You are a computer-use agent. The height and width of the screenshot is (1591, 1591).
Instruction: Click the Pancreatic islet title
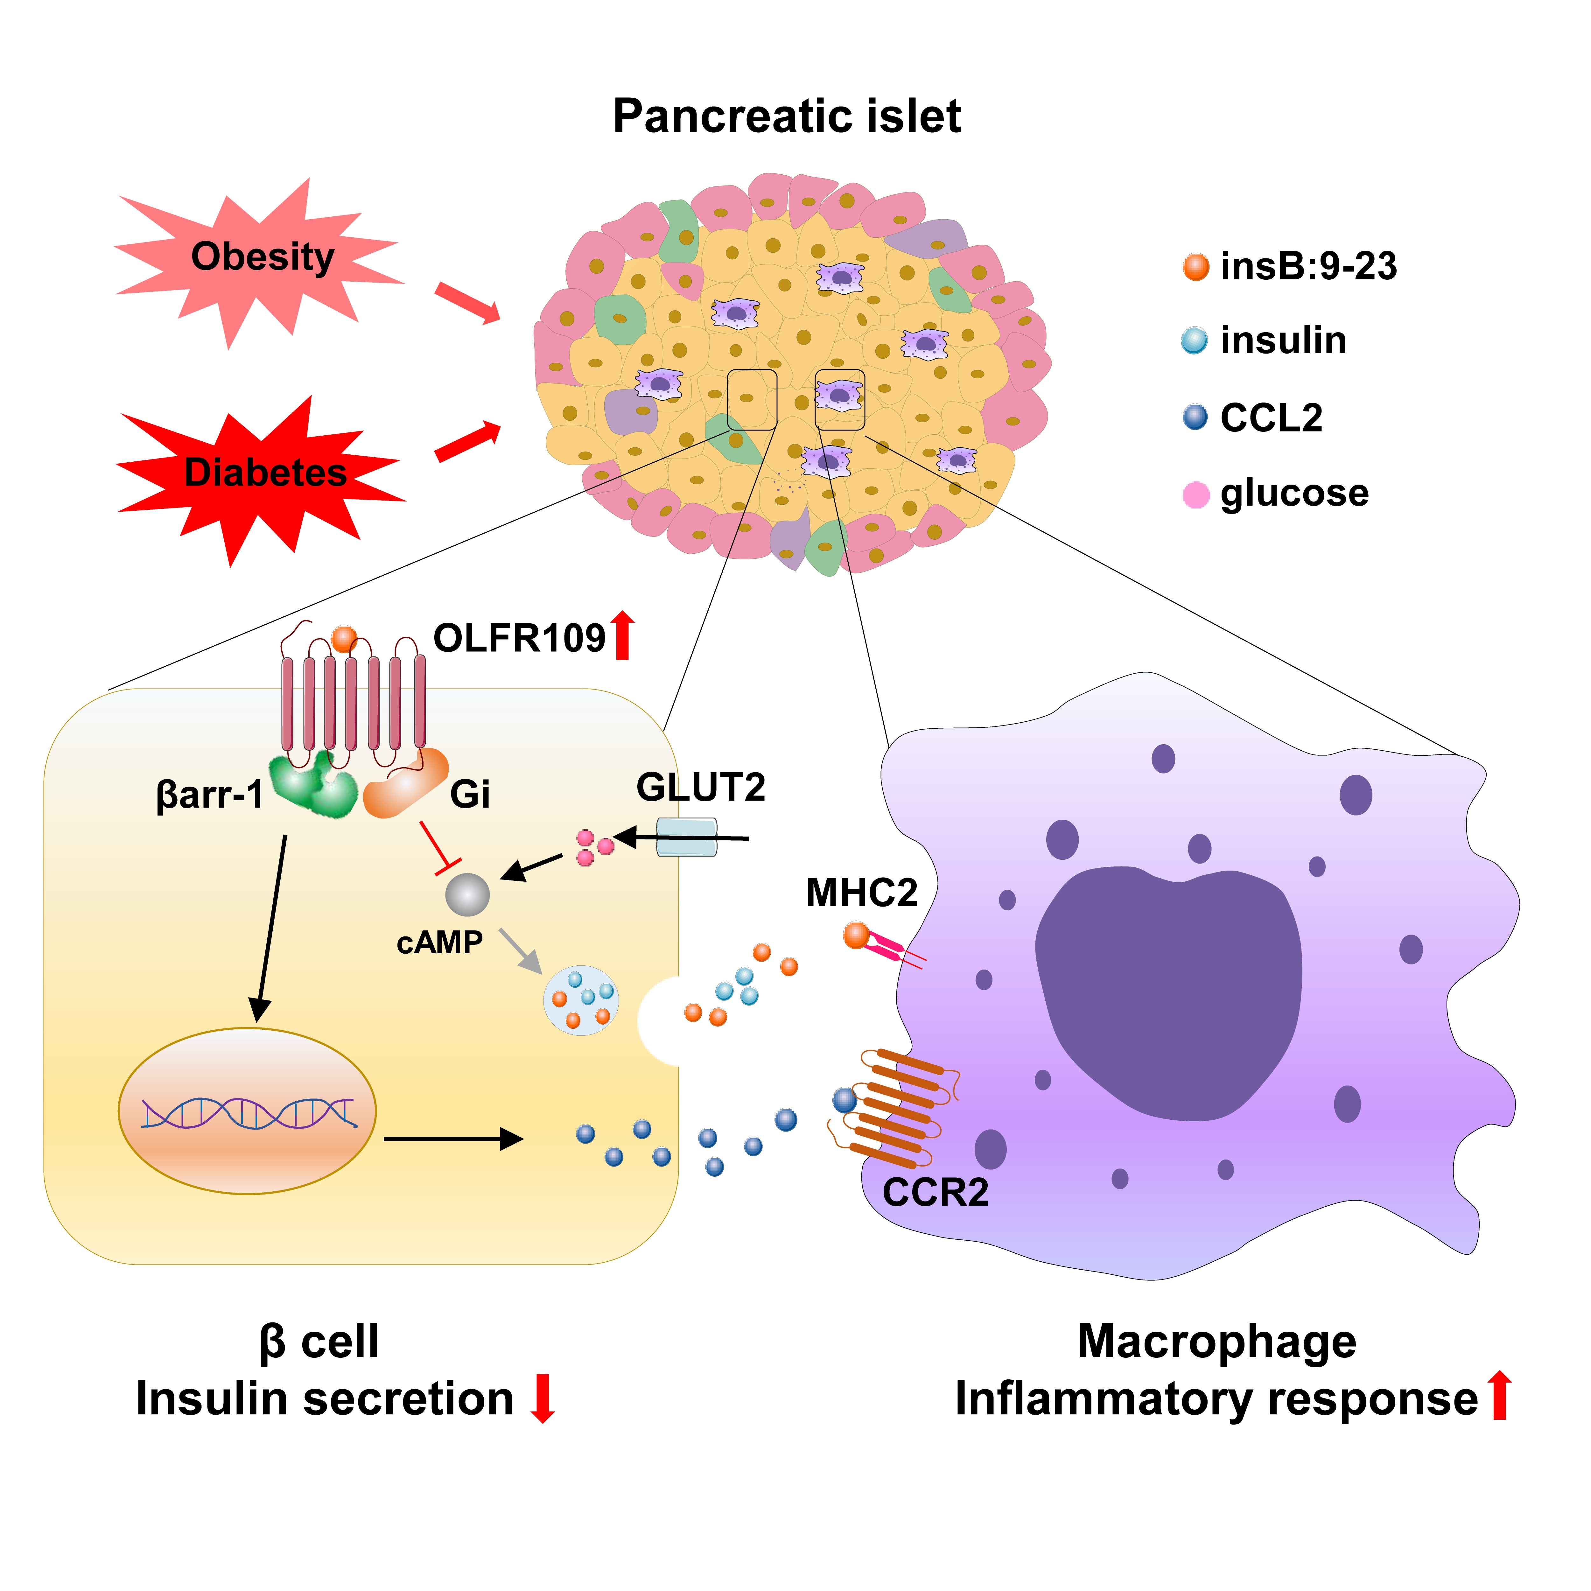pyautogui.click(x=787, y=116)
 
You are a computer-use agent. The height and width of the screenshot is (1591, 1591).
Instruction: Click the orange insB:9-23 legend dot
pyautogui.click(x=1195, y=267)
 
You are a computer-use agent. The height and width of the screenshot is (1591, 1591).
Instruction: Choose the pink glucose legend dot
pyautogui.click(x=1195, y=494)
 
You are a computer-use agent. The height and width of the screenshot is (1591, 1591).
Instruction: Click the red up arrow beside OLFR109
pyautogui.click(x=623, y=636)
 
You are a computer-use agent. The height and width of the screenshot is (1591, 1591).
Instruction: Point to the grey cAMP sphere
pyautogui.click(x=467, y=895)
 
